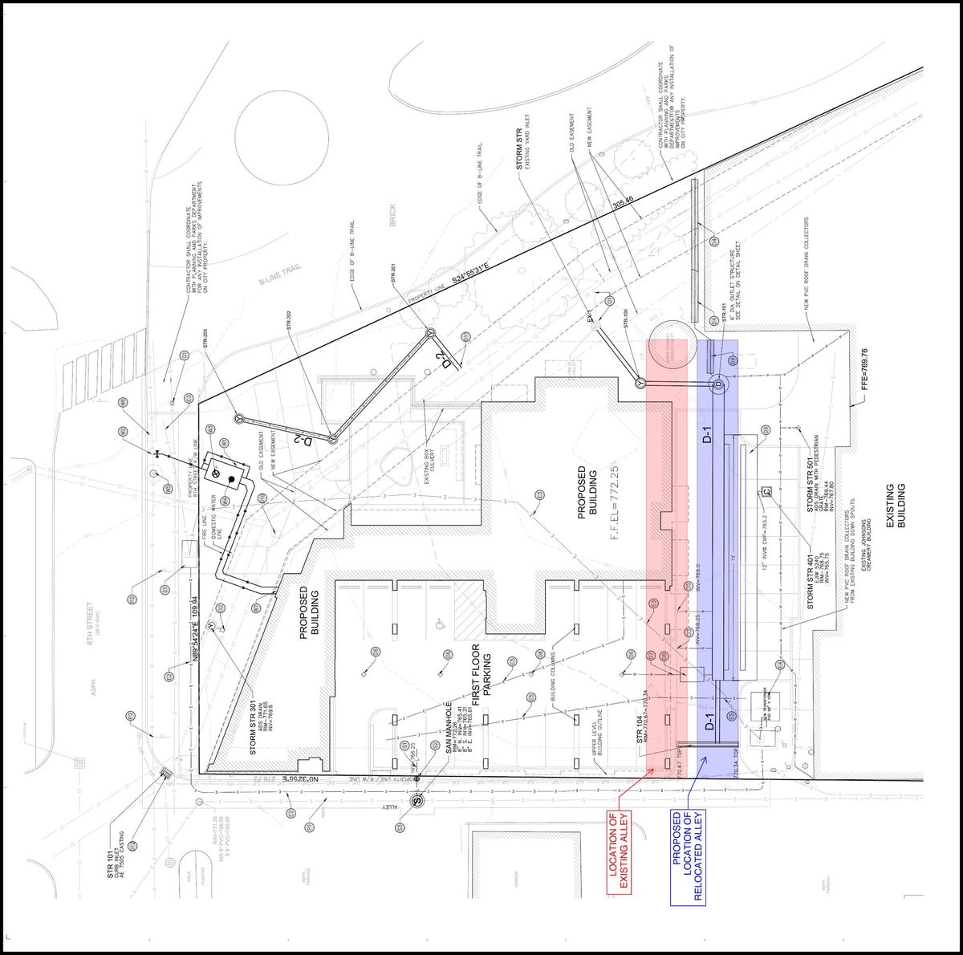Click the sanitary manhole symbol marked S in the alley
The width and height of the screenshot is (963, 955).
416,799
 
